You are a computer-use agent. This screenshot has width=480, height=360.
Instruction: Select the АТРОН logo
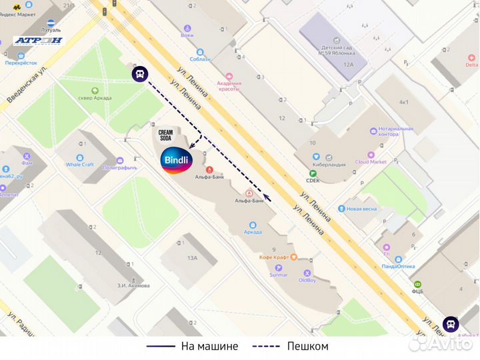(x=38, y=40)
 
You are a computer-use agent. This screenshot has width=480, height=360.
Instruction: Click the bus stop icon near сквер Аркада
(x=139, y=73)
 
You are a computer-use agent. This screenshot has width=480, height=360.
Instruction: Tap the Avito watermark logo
(x=441, y=343)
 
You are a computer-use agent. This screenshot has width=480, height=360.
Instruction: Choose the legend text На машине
(x=206, y=347)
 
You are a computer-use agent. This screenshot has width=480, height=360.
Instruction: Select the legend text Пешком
(x=307, y=347)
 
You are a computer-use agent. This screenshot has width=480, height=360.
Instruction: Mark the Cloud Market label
(x=371, y=161)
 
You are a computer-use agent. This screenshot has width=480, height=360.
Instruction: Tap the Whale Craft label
(x=79, y=165)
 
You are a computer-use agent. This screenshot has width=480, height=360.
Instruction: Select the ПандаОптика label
(x=399, y=266)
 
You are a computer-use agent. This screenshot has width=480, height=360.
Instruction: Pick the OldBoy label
(x=307, y=280)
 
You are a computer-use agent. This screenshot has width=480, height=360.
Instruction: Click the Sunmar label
(x=278, y=274)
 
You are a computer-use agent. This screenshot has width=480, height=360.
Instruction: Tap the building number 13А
(x=193, y=257)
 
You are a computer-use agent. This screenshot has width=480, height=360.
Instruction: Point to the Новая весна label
(x=361, y=209)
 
